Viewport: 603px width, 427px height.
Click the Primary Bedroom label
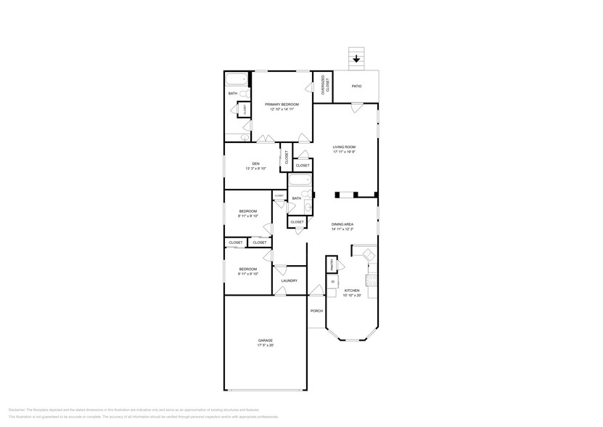click(x=282, y=105)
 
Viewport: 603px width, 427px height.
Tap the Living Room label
click(x=343, y=147)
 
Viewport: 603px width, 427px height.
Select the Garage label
click(x=266, y=341)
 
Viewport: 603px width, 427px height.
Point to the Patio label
click(x=356, y=86)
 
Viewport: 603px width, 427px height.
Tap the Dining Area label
click(x=342, y=224)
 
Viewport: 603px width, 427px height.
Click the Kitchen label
click(x=352, y=290)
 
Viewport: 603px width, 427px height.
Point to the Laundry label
click(x=290, y=280)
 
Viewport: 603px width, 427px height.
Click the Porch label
click(x=316, y=311)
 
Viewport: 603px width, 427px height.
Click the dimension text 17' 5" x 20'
click(x=266, y=346)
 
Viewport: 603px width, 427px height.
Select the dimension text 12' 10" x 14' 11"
click(x=282, y=110)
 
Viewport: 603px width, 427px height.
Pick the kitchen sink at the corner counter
click(x=368, y=254)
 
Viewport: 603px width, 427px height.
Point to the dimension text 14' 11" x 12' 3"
click(x=342, y=229)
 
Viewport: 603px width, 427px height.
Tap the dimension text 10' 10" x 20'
click(x=352, y=296)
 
